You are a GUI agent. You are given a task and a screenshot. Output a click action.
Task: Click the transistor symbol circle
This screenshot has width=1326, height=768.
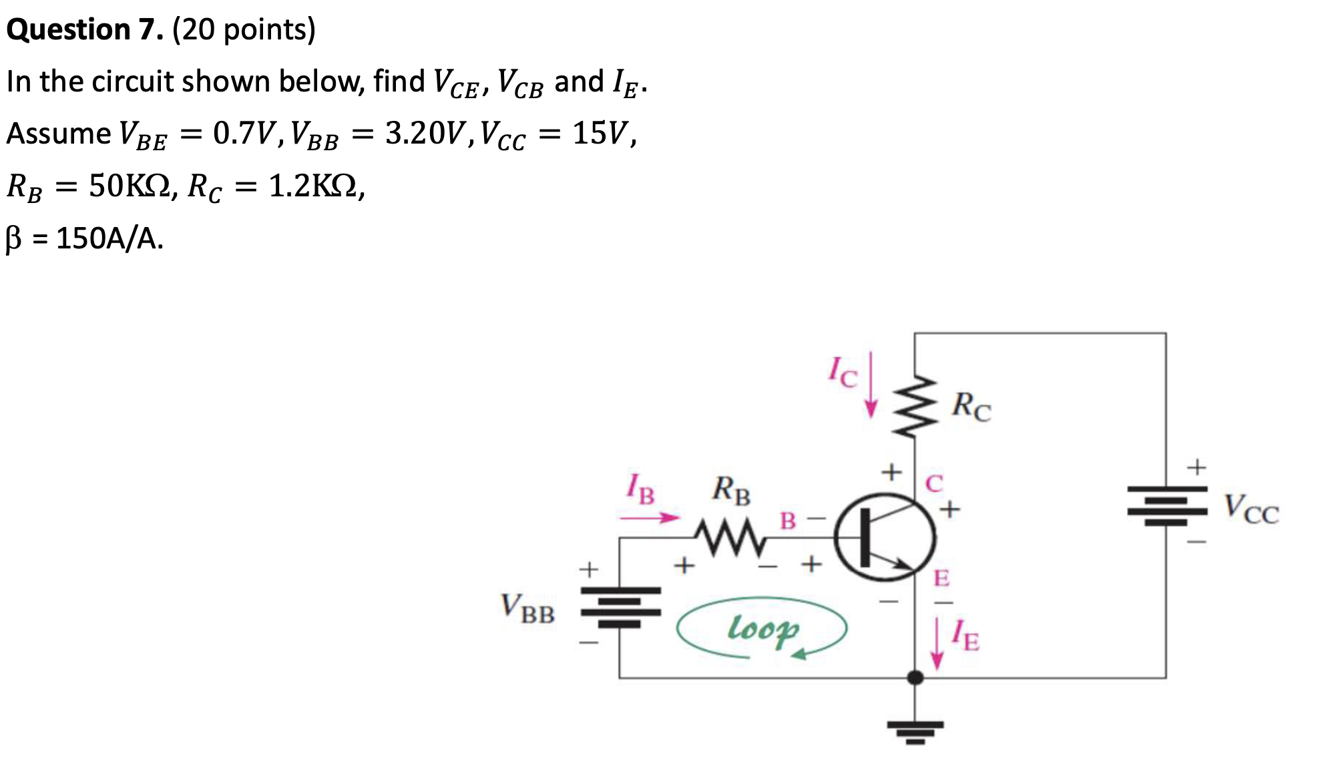click(x=885, y=537)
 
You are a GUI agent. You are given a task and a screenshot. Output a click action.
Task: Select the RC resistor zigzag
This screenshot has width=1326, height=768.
click(x=914, y=406)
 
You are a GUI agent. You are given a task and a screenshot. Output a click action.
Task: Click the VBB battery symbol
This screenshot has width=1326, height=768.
click(x=620, y=607)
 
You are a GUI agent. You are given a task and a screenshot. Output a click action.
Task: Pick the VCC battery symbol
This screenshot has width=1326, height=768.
click(x=1166, y=506)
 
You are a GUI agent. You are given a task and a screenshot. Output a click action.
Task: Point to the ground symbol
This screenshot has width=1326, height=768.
click(x=915, y=731)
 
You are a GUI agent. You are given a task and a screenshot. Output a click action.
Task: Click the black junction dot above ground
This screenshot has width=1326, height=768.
click(x=915, y=678)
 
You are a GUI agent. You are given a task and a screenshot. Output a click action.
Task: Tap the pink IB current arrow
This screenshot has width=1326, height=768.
click(x=649, y=518)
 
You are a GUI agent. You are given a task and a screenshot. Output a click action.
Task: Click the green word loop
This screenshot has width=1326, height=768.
click(x=762, y=629)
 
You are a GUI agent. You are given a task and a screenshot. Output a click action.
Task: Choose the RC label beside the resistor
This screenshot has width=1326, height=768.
click(x=971, y=406)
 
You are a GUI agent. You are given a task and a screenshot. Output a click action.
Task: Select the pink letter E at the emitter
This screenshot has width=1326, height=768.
click(x=941, y=578)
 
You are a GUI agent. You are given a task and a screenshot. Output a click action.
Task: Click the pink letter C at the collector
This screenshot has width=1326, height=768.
click(x=934, y=483)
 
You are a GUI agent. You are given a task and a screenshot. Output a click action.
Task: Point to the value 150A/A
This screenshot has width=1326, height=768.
click(x=109, y=238)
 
